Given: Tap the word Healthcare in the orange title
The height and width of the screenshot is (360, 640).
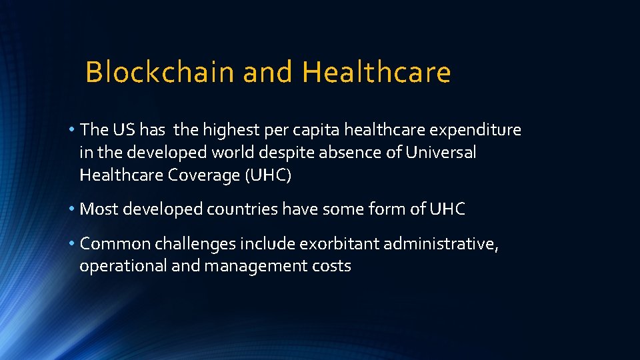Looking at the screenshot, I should [377, 72].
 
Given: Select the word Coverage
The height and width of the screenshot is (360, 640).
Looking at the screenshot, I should [207, 175].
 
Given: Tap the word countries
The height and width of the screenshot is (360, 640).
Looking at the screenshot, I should [242, 209].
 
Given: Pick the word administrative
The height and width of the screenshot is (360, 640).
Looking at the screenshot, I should [441, 244].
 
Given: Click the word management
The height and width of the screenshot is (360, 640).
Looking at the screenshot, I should [251, 267].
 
